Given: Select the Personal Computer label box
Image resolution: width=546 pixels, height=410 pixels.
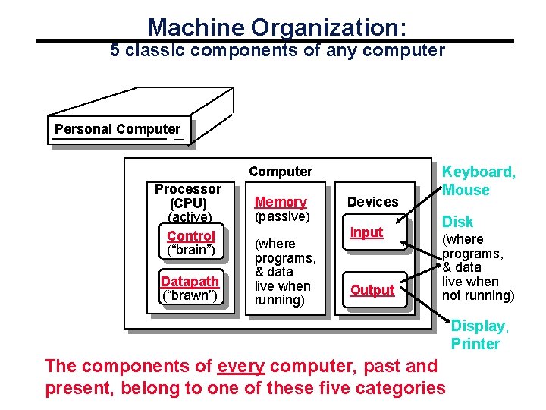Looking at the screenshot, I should tap(118, 129).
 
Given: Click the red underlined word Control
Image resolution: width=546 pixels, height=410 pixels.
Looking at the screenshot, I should tap(191, 236).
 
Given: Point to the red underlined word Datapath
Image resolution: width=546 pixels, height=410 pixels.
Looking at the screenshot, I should tap(190, 282).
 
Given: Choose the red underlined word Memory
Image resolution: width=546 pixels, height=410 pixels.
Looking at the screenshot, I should tap(281, 202).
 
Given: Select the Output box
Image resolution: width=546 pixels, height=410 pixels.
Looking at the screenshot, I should tap(372, 290).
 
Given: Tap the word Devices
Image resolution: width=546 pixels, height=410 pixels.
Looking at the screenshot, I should tap(372, 202).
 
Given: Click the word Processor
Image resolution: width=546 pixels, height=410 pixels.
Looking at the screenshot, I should tap(188, 189).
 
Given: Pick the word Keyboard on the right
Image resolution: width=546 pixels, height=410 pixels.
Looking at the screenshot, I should tap(479, 172).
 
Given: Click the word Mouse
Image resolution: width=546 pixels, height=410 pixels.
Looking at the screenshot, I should tap(466, 190).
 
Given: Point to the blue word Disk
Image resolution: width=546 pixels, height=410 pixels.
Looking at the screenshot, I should tap(458, 222).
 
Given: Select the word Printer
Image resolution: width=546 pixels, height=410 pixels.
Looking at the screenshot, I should tap(475, 344).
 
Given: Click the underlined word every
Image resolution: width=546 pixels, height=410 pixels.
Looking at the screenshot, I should tap(240, 367).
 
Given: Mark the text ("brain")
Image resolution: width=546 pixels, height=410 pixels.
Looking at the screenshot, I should tap(191, 251).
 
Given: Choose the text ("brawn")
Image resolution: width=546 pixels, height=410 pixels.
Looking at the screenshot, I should tap(190, 296).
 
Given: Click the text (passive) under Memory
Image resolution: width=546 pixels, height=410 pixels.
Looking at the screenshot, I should tap(282, 216).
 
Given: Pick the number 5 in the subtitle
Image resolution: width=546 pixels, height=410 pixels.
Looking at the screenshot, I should tap(115, 51).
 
